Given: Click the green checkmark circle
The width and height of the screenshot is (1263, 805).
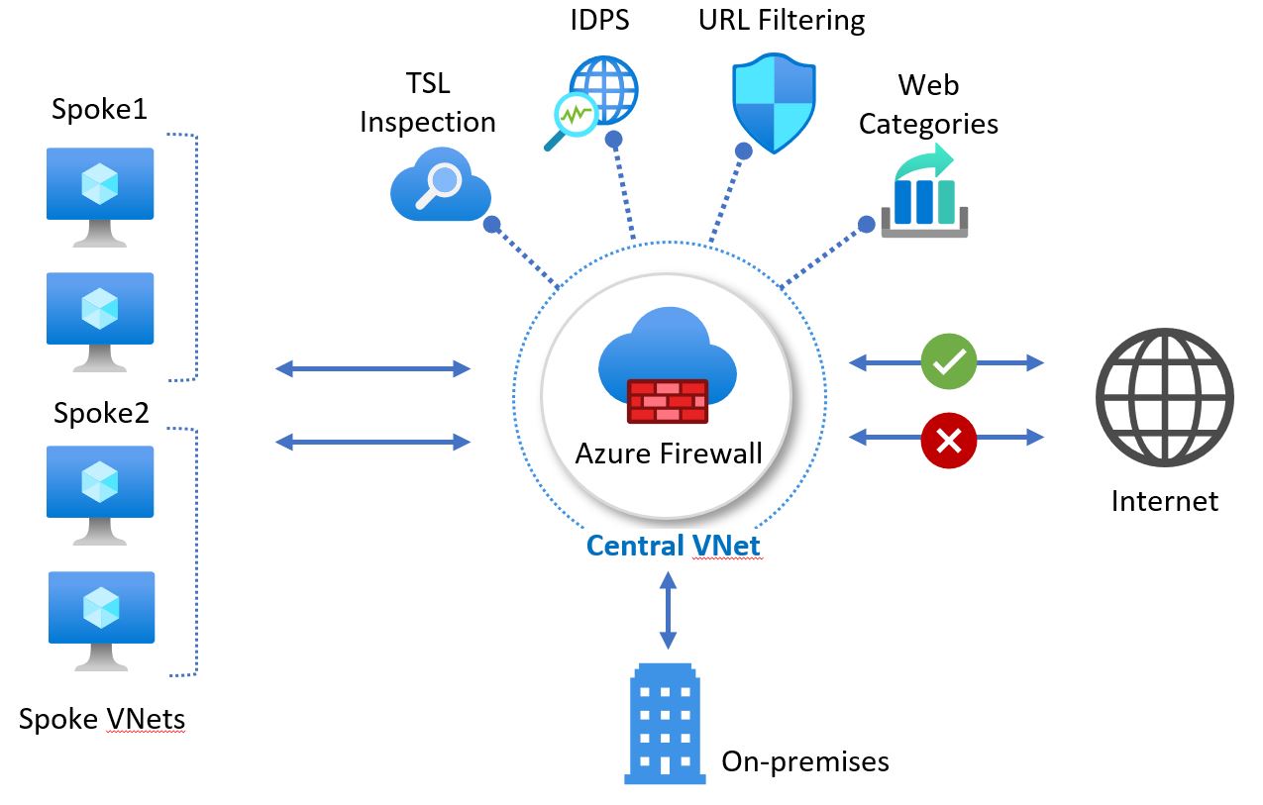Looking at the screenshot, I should coord(948,362).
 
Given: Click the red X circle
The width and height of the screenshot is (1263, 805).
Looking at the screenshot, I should coord(948,440).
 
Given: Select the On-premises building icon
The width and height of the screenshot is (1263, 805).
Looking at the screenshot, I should coord(665,723).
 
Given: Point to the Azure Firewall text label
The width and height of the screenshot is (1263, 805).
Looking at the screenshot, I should coord(669,454).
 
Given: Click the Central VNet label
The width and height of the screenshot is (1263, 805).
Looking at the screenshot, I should coord(675,546).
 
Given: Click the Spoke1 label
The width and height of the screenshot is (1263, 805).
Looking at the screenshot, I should coord(99,109).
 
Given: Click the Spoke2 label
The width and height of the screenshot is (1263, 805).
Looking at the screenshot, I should coord(101,413).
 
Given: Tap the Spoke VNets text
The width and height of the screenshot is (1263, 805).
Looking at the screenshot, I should coord(102,719).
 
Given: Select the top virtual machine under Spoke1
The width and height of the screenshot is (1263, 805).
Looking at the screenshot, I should coord(100,193).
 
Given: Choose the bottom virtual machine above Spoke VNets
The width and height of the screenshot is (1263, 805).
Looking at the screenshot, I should coord(100,618).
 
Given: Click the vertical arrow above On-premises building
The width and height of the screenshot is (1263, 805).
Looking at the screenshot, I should coord(668,611).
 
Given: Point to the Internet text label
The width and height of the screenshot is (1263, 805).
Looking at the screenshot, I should coord(1164,501).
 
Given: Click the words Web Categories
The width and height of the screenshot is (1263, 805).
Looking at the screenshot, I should coord(927,104).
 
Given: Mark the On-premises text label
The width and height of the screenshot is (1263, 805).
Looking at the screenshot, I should coord(804,761).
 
